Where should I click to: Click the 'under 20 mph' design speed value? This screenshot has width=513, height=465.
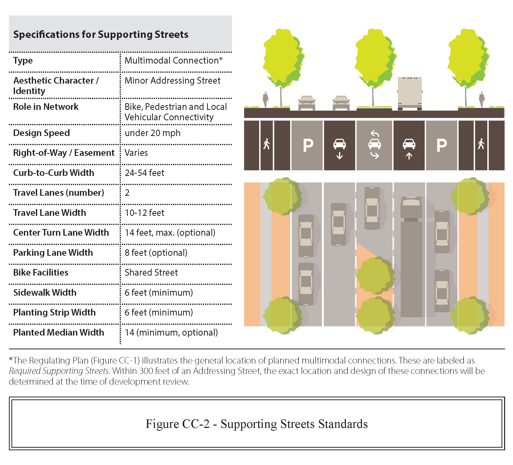(x=152, y=133)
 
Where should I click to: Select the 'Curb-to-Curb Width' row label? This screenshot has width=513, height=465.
(x=53, y=173)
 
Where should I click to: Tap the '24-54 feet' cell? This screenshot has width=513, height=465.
(x=144, y=173)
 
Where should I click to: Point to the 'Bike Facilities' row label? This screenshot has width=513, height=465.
(x=41, y=273)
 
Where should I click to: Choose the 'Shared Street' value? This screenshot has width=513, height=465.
(x=151, y=273)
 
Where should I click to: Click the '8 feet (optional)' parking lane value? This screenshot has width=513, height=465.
(x=156, y=253)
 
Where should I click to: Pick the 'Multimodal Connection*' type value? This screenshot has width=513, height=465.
(x=173, y=61)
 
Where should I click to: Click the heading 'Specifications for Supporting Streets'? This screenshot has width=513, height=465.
(x=101, y=35)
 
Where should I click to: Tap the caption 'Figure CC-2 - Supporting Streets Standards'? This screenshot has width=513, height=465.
(x=256, y=424)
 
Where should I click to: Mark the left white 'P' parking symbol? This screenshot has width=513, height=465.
(x=308, y=145)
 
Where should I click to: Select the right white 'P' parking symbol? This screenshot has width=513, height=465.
(x=442, y=145)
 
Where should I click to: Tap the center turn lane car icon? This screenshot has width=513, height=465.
(x=375, y=144)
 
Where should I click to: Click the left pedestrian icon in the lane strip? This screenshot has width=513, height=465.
(x=267, y=144)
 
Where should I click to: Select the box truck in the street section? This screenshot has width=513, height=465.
(x=410, y=93)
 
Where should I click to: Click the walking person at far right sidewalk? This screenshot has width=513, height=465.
(x=481, y=99)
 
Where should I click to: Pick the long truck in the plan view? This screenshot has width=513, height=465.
(x=411, y=257)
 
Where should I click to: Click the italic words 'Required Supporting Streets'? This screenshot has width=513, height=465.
(x=59, y=371)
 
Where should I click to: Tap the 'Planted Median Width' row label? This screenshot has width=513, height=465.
(x=58, y=333)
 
